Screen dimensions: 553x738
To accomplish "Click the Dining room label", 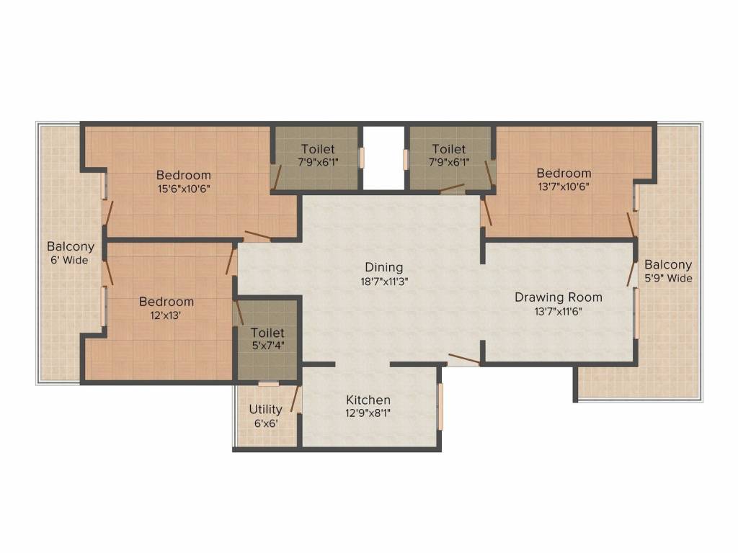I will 383,267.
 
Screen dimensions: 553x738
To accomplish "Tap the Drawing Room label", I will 558,297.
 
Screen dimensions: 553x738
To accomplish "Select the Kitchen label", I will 368,400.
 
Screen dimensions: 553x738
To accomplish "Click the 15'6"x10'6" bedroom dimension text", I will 183,189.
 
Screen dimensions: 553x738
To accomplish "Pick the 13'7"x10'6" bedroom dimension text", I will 564,186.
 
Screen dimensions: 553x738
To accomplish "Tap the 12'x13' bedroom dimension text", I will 166,315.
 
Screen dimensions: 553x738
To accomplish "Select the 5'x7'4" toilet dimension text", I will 267,347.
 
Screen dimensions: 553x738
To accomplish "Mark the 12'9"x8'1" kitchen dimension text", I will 368,413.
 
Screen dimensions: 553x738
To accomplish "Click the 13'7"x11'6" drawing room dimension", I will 558,311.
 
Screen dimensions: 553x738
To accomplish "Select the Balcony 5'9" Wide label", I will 668,271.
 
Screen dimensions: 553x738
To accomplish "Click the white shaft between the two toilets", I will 383,158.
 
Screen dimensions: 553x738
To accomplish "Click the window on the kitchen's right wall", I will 440,407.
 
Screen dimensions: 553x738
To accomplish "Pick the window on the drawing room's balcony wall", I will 636,313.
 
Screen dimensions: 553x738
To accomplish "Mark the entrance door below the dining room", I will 463,359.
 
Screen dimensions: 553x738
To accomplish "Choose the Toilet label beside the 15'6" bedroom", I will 318,148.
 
